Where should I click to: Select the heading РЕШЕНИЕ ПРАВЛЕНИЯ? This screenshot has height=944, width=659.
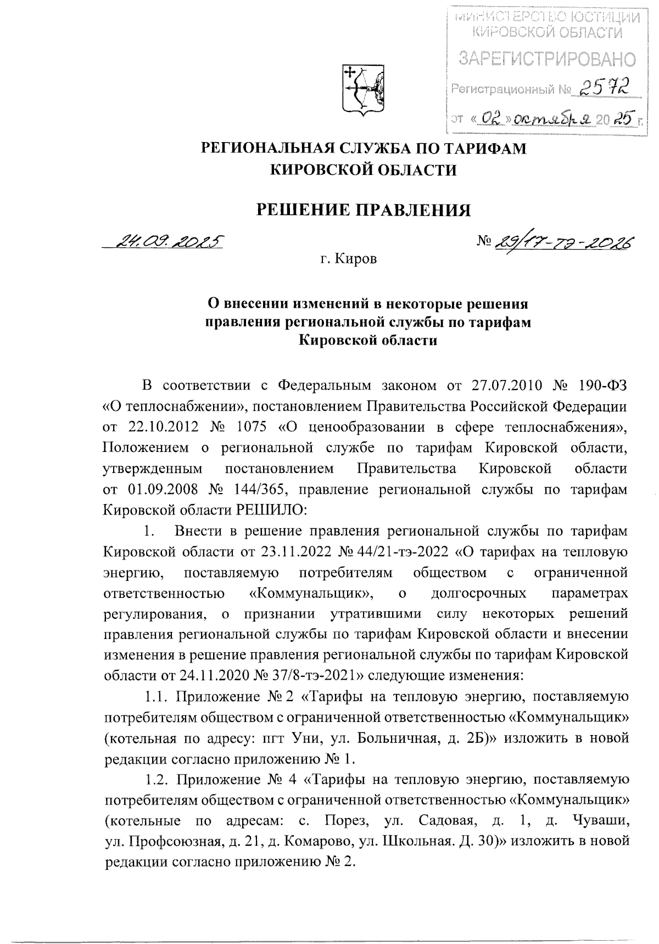coord(364,210)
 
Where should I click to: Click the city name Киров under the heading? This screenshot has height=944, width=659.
coord(357,259)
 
